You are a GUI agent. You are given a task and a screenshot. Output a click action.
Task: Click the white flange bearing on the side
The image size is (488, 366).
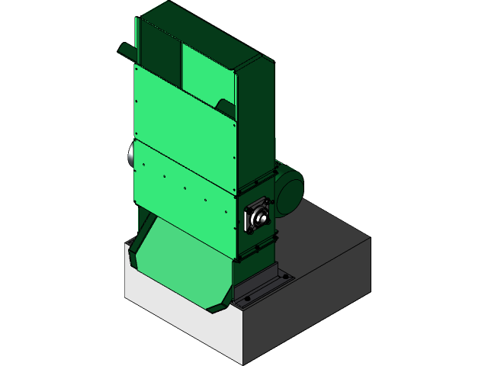[257, 217]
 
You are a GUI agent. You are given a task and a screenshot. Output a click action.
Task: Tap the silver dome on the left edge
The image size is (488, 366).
[131, 156]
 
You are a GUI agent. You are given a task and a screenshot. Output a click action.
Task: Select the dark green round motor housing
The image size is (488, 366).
[289, 187]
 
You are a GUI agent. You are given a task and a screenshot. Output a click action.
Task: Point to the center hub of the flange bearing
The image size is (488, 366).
[258, 218]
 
